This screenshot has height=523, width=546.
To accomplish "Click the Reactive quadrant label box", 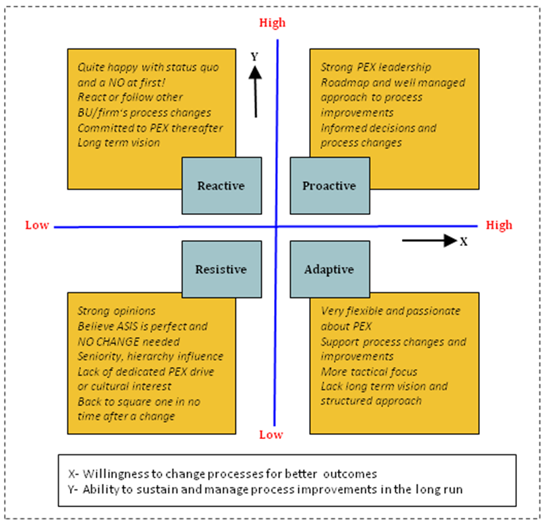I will (221, 186).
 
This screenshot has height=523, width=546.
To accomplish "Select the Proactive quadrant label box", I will (329, 186).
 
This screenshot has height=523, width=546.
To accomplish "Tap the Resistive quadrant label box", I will (221, 269).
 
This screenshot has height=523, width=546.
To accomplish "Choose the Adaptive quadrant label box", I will (329, 269).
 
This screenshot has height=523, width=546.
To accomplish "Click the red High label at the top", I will (272, 23).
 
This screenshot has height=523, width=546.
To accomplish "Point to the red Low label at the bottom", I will (271, 434).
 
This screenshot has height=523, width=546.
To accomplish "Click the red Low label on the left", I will (37, 225).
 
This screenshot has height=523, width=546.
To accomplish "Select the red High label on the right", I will (498, 225).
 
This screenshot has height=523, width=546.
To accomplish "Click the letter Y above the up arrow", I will (254, 57).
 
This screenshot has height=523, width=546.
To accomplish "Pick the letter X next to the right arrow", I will (463, 241).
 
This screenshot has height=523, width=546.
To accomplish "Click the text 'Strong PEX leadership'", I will (376, 67).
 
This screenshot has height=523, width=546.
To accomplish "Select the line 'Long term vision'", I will (118, 142).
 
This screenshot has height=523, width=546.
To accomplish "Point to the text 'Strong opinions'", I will (116, 311).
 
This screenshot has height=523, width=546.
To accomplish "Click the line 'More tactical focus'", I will (368, 372).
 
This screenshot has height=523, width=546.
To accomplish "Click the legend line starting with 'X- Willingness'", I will (222, 473).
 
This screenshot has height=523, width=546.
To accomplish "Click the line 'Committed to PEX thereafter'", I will (150, 128).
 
